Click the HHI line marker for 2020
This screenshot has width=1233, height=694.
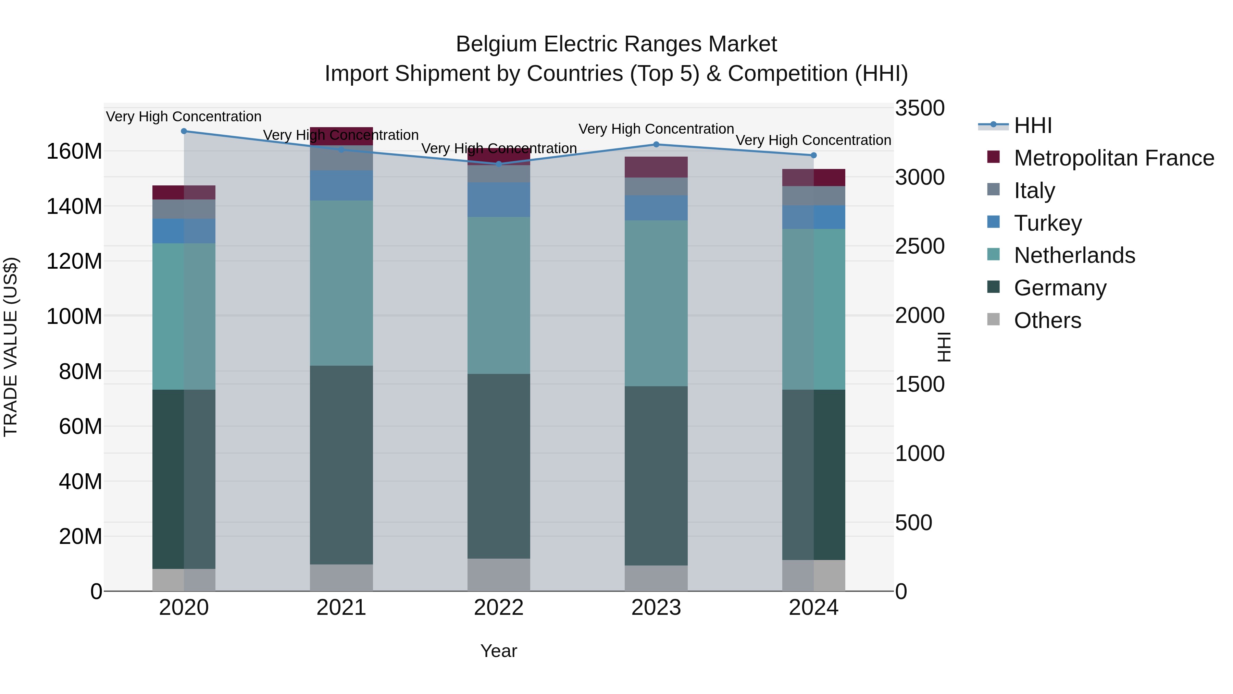(184, 131)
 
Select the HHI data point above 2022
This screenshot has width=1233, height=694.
(499, 164)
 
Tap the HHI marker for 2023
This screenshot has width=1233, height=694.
(656, 145)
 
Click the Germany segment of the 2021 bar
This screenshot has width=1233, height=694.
(341, 465)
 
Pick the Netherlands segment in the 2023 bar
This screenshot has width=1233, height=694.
(656, 303)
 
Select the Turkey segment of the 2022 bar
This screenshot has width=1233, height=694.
(499, 199)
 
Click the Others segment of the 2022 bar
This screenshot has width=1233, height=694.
(499, 575)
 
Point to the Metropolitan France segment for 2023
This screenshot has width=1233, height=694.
(656, 167)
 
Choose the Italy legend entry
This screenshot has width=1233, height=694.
(1034, 191)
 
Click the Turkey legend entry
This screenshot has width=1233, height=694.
(1047, 223)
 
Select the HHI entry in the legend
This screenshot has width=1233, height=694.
(1032, 125)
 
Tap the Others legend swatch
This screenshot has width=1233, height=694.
(993, 319)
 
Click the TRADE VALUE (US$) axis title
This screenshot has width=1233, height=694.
(11, 347)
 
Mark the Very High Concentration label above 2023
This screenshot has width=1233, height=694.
(656, 129)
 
